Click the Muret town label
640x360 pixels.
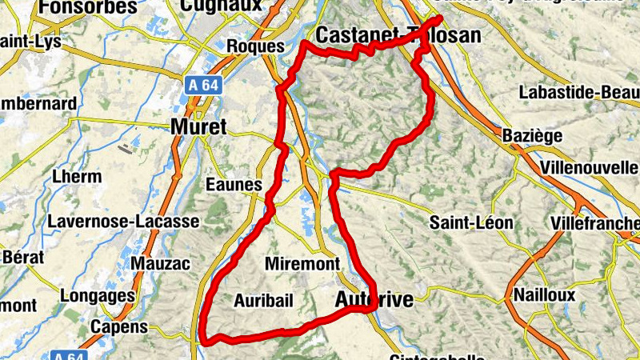(x=198, y=126)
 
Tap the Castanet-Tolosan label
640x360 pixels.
(x=398, y=35)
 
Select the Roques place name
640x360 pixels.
(x=256, y=46)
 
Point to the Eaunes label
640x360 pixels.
(x=234, y=185)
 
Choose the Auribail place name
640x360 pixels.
(x=264, y=300)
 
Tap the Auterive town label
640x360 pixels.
(x=374, y=300)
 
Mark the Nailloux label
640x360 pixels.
(x=544, y=294)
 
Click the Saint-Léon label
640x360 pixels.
(x=471, y=222)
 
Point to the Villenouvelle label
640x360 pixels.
(x=588, y=168)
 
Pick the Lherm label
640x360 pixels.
(x=76, y=177)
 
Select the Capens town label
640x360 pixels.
(x=119, y=326)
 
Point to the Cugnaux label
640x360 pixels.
(x=222, y=6)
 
